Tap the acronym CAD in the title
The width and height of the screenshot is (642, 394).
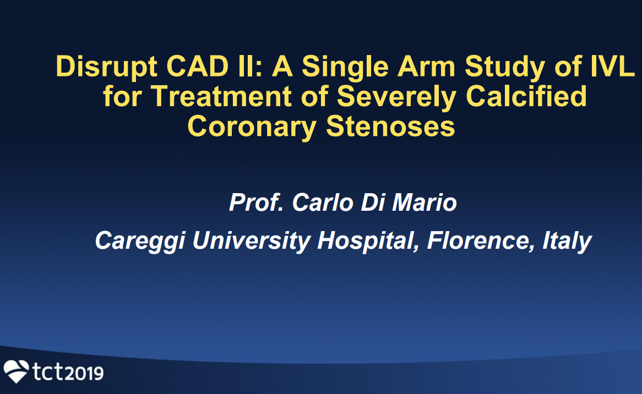197,66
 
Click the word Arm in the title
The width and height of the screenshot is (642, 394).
426,66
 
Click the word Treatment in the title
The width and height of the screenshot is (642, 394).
221,96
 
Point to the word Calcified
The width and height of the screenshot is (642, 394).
526,96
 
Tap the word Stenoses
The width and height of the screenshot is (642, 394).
390,127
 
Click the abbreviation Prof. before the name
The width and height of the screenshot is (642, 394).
257,202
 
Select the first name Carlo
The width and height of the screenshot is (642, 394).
323,202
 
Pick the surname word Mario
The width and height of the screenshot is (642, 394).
424,202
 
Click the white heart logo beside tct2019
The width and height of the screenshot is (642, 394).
16,371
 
